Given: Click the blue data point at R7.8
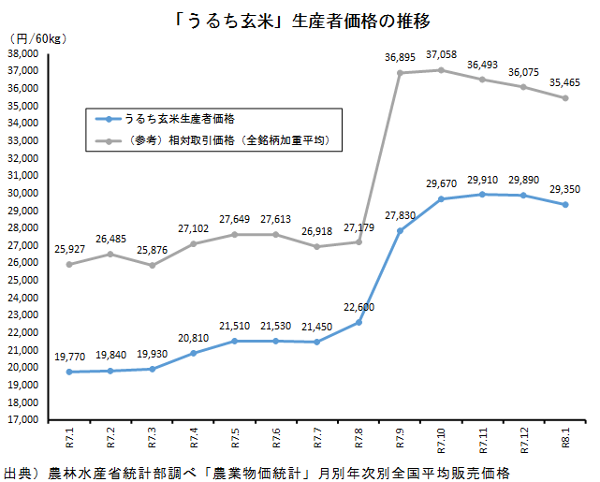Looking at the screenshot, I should click(x=359, y=322).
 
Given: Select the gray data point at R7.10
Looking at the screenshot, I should click(x=441, y=70).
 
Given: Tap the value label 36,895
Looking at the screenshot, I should click(x=400, y=58).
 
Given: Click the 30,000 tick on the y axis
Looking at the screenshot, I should click(x=22, y=193).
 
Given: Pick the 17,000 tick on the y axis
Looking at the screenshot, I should click(x=22, y=420).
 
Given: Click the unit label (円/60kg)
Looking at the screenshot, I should click(x=35, y=38).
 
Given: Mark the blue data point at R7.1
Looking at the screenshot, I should click(x=70, y=372).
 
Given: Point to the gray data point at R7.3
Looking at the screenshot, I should click(x=153, y=265).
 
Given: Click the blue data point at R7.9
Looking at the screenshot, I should click(x=400, y=230).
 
